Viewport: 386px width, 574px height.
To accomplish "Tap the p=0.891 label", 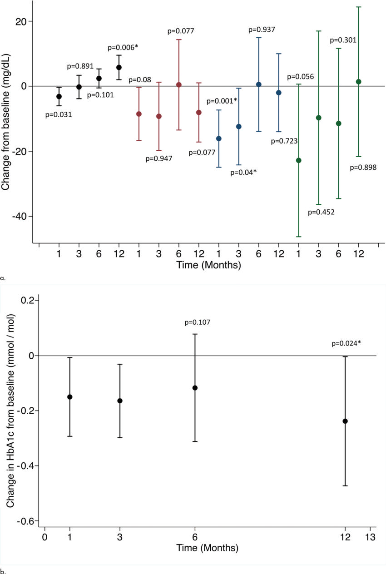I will click(80, 66).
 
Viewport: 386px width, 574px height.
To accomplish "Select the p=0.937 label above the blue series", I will click(262, 30).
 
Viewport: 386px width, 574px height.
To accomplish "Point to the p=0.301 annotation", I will click(343, 40).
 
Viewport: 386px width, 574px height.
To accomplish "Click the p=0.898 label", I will click(363, 168).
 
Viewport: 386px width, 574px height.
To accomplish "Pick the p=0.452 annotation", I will click(321, 212).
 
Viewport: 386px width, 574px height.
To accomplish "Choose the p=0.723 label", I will click(284, 141).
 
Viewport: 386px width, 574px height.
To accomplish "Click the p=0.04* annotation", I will click(243, 172).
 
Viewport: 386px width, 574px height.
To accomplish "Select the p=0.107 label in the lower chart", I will click(198, 322).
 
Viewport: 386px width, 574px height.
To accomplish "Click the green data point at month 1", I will click(299, 160).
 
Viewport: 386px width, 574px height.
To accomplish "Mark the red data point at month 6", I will click(179, 85).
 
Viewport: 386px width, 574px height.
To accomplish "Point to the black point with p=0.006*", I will click(119, 67).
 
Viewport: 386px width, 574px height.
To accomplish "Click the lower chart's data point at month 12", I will click(345, 421).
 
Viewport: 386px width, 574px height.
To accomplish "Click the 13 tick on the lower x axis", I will click(370, 537).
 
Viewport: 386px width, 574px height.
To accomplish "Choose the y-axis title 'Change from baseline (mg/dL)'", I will click(6, 120).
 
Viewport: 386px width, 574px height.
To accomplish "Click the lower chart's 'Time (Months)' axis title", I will click(208, 548).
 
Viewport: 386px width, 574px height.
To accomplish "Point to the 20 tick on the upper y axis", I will click(24, 21).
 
